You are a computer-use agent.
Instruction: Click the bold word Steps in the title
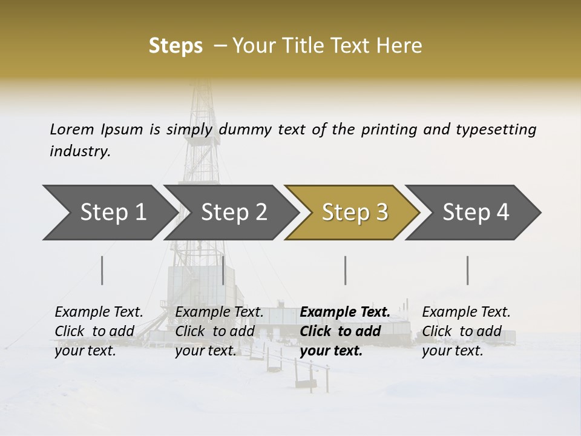pos(176,46)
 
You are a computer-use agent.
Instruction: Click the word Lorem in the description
pos(71,129)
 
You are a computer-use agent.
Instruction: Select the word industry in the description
pos(80,151)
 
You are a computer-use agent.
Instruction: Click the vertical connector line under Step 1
pos(102,270)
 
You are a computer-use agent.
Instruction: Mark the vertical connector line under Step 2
pos(223,270)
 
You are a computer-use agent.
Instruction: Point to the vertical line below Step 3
pos(345,270)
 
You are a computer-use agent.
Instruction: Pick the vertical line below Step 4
pos(467,270)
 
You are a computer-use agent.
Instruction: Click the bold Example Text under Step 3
pos(345,312)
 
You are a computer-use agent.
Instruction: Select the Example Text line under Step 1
pos(99,312)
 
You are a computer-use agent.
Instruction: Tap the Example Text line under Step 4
pos(466,312)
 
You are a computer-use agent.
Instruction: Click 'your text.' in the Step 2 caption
pos(205,351)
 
